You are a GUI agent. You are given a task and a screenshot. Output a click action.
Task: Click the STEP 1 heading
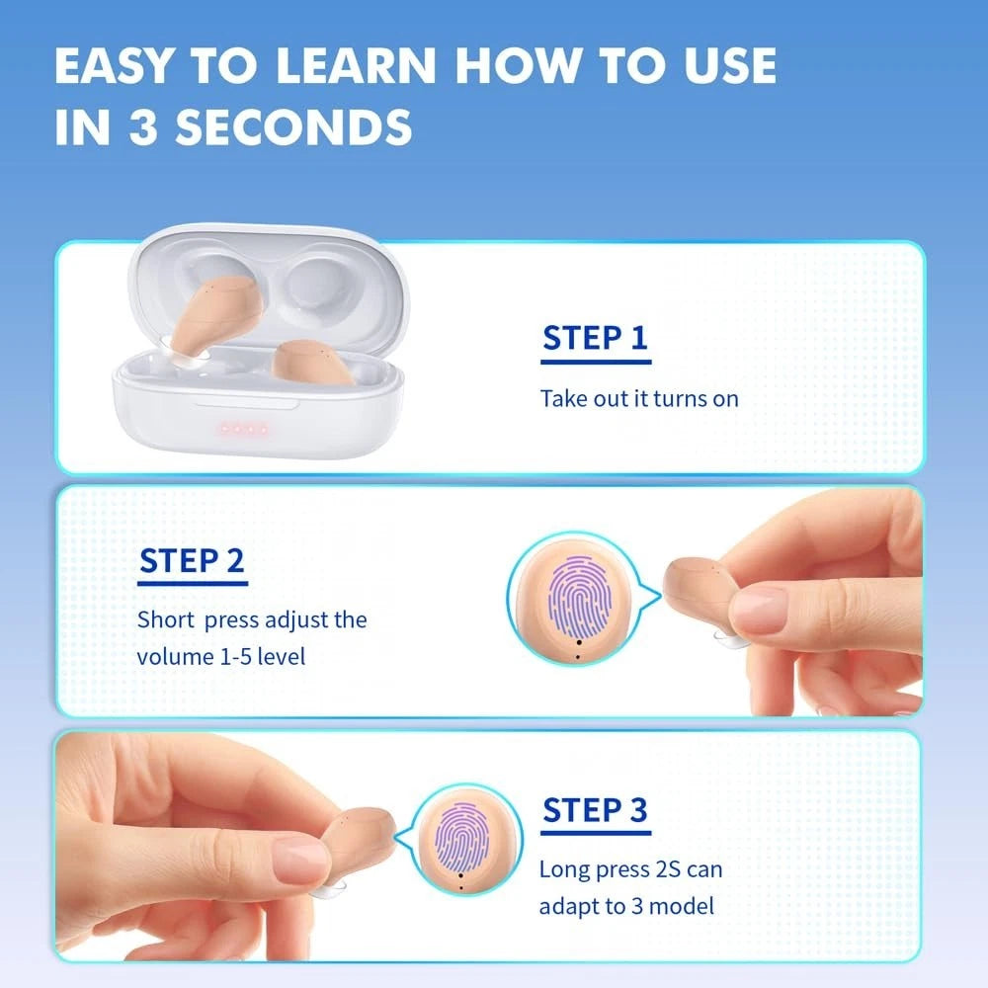(596, 338)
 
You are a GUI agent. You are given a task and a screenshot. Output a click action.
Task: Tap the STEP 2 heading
(192, 560)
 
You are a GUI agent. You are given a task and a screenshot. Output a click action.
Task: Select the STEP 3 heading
(595, 809)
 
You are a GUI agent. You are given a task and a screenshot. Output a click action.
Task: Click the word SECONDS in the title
(293, 126)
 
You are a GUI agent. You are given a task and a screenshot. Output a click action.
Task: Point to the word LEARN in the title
(356, 65)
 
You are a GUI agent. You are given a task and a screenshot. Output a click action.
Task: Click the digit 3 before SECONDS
(143, 126)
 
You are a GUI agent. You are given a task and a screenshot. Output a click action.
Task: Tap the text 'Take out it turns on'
(639, 399)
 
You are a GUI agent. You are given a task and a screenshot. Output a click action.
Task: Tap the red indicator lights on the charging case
(243, 430)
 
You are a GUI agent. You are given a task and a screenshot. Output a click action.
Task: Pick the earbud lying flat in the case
(313, 363)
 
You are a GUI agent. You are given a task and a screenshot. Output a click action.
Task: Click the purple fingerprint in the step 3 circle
(463, 838)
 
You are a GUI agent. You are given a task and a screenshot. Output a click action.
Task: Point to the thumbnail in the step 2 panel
(758, 610)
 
